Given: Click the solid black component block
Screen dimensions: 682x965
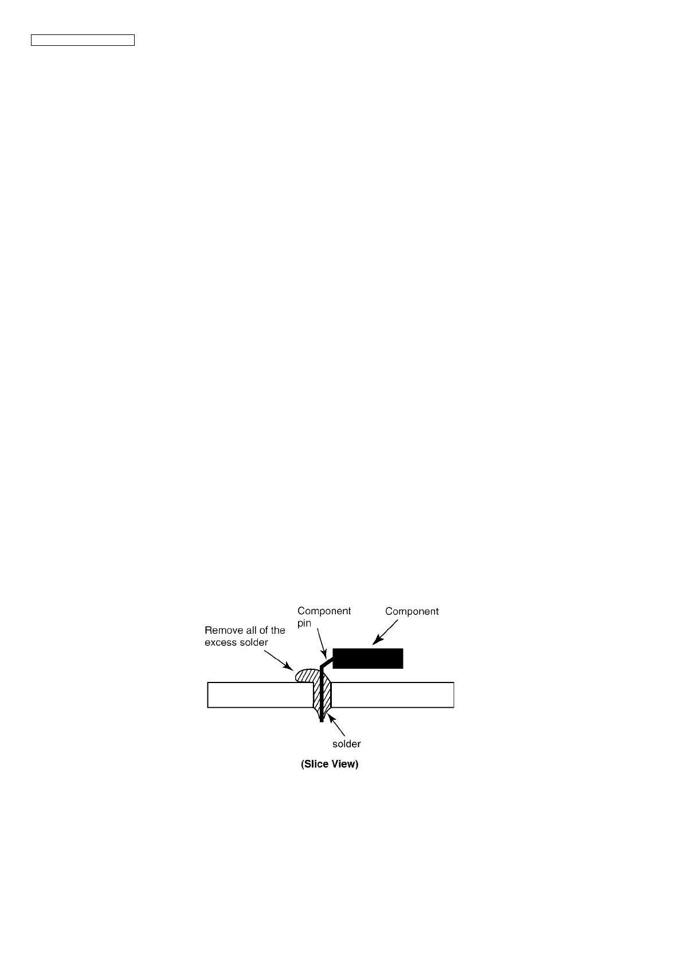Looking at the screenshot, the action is pos(368,658).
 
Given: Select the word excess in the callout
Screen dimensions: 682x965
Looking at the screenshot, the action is pos(221,642).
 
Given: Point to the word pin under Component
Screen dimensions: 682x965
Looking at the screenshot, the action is pos(304,623).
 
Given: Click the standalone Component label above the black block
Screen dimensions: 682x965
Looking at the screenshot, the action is pos(411,611).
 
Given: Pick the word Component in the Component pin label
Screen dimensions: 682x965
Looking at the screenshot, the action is pos(324,611).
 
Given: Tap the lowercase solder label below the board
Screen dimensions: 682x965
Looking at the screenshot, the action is pos(346,744).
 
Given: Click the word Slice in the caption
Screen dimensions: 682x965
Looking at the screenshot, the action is pos(319,764).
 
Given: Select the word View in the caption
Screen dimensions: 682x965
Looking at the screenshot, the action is pos(346,764).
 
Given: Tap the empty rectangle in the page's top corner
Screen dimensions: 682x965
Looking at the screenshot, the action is pos(83,40).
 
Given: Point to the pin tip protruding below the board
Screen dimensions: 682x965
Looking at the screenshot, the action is pos(322,718).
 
